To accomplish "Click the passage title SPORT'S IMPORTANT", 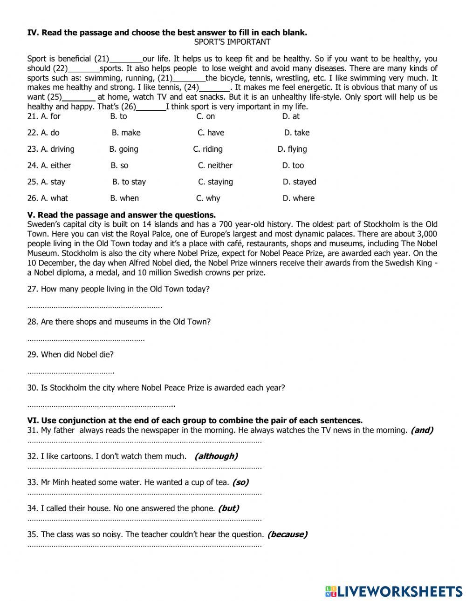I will coord(232,42).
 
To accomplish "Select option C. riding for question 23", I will coord(208,149).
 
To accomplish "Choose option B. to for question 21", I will coord(118,116).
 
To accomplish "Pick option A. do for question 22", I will coord(50,133).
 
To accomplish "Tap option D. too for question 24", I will coord(293,165).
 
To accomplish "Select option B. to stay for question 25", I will coord(129,182).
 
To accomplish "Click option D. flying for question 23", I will coord(292,149).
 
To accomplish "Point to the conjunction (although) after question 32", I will coord(216,456).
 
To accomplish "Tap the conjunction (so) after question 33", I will coord(240,482).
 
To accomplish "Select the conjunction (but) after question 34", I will coord(228,508).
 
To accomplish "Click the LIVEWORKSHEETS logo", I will coord(393,591).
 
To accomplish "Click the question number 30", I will coord(32,388).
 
